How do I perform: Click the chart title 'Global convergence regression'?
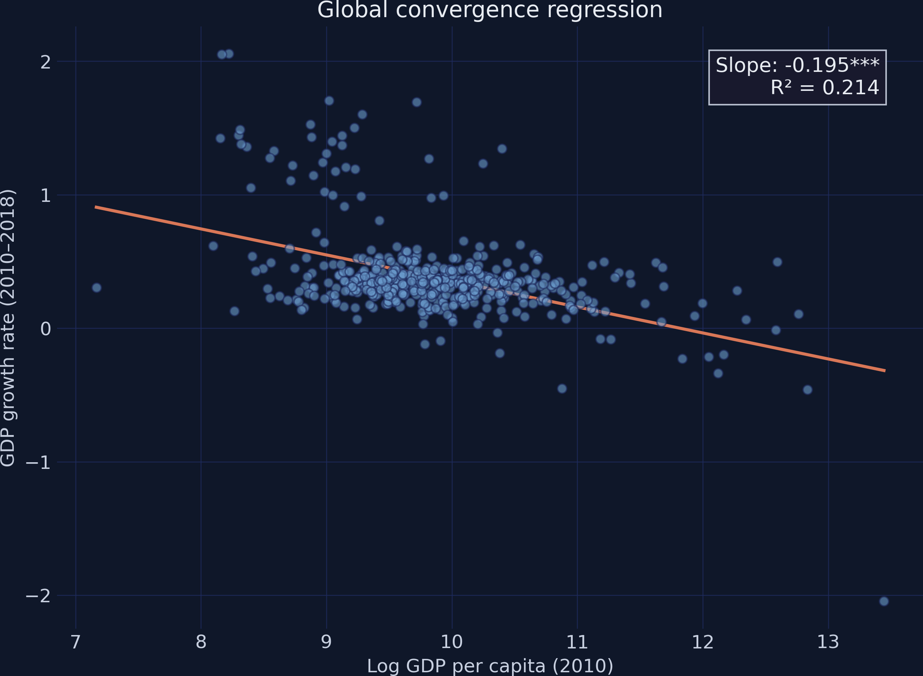point(490,10)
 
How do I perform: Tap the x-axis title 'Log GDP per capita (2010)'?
point(490,666)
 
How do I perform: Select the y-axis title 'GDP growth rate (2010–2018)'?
point(8,328)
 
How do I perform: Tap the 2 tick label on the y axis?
point(45,62)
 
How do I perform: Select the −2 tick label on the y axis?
point(38,596)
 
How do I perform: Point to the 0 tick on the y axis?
point(45,329)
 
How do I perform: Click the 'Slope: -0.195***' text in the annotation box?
point(797,66)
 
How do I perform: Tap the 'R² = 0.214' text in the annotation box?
point(824,88)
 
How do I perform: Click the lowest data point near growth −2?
point(884,601)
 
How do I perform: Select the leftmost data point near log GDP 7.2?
point(97,288)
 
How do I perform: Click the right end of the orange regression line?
point(885,371)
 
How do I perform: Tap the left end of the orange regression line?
point(95,207)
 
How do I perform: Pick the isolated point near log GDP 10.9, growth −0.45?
point(562,388)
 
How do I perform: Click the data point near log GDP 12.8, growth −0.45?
point(807,390)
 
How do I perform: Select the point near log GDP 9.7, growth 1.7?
point(417,102)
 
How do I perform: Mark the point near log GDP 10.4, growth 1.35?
point(502,149)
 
